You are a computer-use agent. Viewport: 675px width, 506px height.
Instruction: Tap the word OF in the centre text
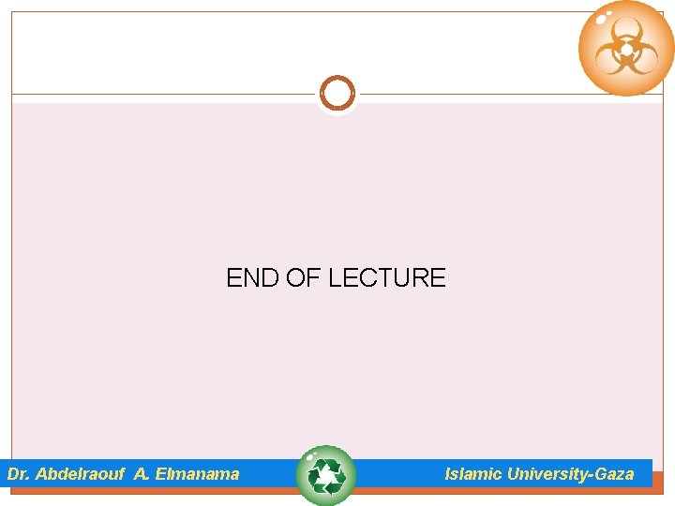tap(297, 278)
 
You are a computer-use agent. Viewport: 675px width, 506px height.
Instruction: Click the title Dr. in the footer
tap(19, 474)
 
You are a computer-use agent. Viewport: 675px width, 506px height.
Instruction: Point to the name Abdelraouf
tap(80, 474)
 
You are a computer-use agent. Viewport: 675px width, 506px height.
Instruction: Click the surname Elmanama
tap(197, 474)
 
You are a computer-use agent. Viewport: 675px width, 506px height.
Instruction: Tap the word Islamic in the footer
tap(473, 474)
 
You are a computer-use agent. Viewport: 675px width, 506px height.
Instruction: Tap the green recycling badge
tap(325, 476)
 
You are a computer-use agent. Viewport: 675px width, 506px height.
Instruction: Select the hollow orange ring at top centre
tap(337, 94)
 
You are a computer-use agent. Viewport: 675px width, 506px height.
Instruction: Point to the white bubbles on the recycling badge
tap(310, 457)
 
